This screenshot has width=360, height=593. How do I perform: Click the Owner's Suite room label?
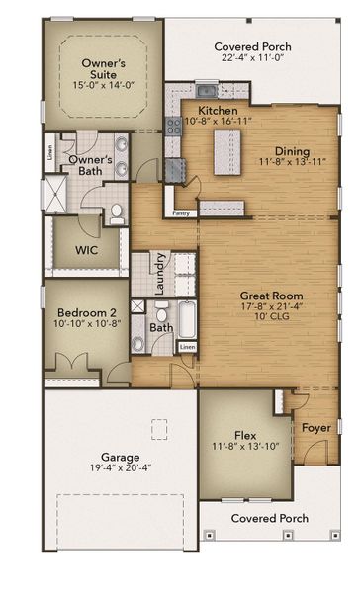pyautogui.click(x=102, y=69)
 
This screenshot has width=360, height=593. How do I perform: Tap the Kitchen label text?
pyautogui.click(x=216, y=110)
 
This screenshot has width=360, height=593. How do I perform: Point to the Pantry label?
pyautogui.click(x=180, y=212)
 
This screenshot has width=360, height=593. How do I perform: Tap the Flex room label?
pyautogui.click(x=245, y=435)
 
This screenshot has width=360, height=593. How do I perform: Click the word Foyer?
pyautogui.click(x=315, y=428)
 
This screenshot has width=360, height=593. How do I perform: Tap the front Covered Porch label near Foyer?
pyautogui.click(x=269, y=518)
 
